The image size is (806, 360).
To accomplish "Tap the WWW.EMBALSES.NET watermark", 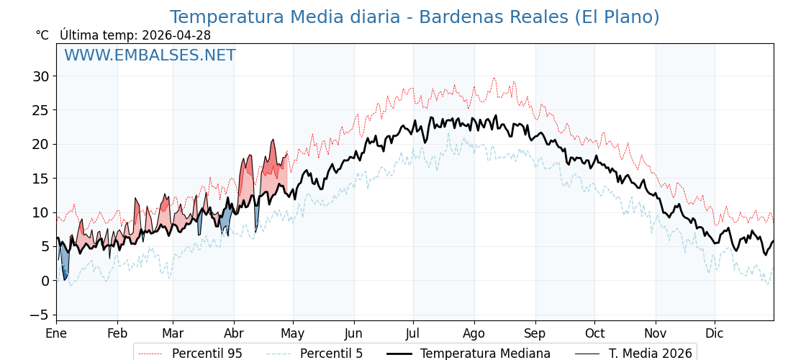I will point(150,55).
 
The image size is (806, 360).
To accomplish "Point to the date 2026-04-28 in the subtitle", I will point(176,35).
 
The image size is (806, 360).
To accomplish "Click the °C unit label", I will point(42,35).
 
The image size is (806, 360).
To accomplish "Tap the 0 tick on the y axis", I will point(45,281).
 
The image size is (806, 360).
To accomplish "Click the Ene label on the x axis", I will point(56,333).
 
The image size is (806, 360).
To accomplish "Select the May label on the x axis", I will point(293,333).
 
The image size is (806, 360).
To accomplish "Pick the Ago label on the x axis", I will point(474,333).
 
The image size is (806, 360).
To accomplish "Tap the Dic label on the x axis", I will point(715,333).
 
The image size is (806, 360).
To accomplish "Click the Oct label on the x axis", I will point(594,333).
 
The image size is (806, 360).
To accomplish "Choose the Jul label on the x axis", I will point(413,333).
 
